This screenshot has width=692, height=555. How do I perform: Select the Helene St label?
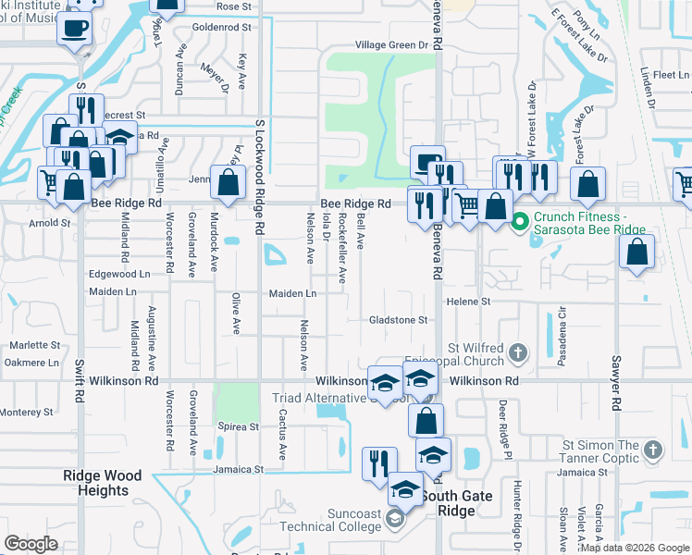468,302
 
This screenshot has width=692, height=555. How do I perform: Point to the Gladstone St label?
398,320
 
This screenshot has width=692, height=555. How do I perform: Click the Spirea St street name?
239,426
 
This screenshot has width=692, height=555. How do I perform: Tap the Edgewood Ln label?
118,275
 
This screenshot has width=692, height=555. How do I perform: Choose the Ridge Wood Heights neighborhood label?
102,483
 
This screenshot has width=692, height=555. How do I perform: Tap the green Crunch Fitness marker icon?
520,222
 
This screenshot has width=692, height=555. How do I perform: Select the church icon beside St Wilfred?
518,351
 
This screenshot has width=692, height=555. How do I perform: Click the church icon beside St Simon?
653,450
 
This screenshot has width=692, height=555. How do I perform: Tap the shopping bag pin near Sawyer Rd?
636,252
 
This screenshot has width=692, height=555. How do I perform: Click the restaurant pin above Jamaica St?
379,464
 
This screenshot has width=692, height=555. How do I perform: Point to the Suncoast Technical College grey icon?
395,519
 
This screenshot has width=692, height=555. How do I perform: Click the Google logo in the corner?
31,544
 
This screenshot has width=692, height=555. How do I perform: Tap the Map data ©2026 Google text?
635,548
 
